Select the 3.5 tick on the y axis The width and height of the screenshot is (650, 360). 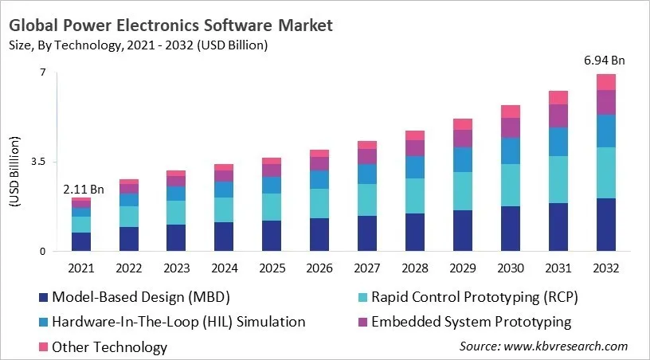pyautogui.click(x=38, y=162)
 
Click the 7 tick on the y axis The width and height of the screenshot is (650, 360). pyautogui.click(x=43, y=72)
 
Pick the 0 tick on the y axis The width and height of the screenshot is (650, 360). pyautogui.click(x=43, y=252)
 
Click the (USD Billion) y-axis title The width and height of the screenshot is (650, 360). pyautogui.click(x=15, y=172)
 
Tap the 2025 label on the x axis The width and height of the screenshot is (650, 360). pyautogui.click(x=272, y=268)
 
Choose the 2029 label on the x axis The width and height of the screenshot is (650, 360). pyautogui.click(x=463, y=268)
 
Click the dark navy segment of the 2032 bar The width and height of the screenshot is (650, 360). pyautogui.click(x=606, y=225)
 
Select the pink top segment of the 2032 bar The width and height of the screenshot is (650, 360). pyautogui.click(x=606, y=81)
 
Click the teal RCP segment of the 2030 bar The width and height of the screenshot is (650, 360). pyautogui.click(x=511, y=185)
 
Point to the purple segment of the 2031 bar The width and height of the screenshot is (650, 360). pyautogui.click(x=558, y=115)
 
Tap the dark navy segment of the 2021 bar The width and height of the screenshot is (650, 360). pyautogui.click(x=81, y=241)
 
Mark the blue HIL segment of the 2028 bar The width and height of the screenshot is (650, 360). pyautogui.click(x=415, y=166)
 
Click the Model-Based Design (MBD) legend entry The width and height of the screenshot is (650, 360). pyautogui.click(x=140, y=298)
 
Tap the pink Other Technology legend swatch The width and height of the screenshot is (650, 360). pyautogui.click(x=41, y=347)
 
